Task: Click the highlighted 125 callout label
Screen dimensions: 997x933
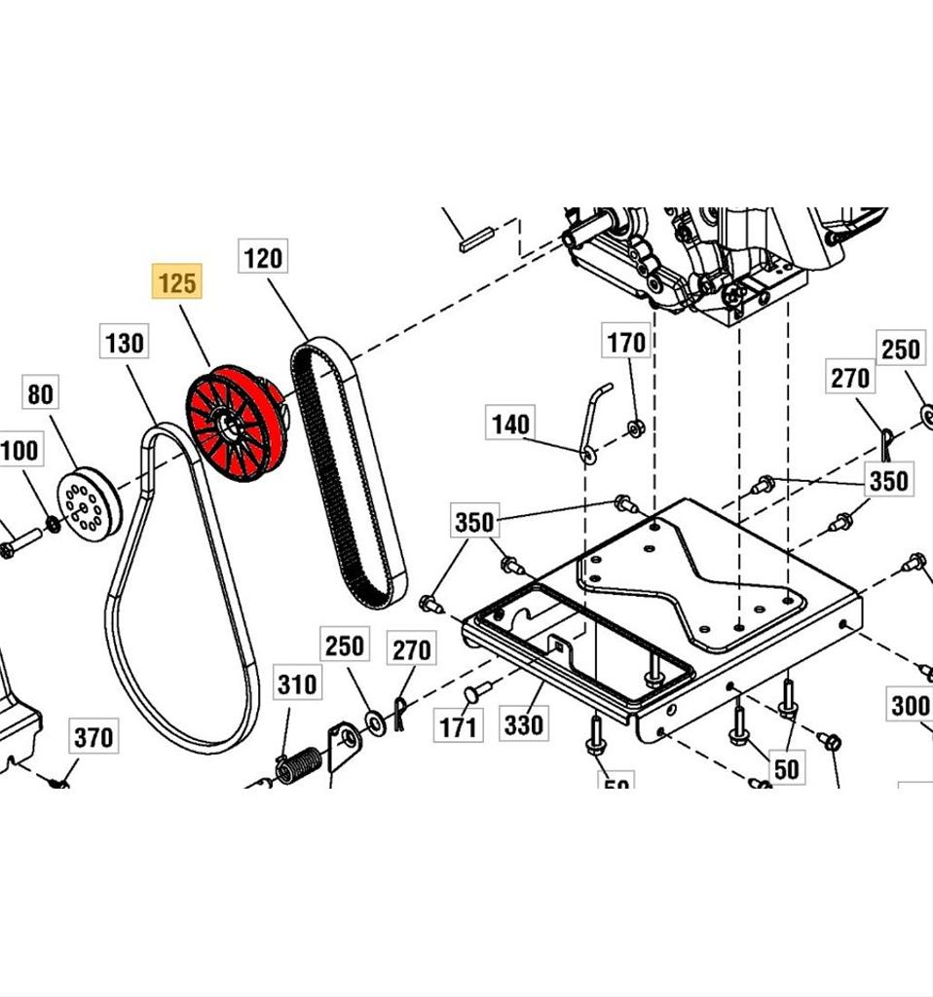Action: click(176, 283)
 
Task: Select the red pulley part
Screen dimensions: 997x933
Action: click(237, 424)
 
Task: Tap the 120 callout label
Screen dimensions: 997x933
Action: click(263, 258)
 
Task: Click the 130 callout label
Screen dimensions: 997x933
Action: click(125, 343)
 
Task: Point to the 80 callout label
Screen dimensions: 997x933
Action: click(41, 394)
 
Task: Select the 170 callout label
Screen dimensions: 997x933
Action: click(626, 343)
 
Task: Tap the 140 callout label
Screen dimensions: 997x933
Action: click(510, 424)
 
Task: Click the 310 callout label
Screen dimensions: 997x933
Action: click(297, 684)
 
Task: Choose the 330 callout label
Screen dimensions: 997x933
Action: click(524, 724)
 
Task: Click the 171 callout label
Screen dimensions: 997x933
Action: click(458, 726)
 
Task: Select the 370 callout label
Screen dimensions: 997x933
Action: click(93, 738)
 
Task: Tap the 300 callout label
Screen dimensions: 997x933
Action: click(910, 705)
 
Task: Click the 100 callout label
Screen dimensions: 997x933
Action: click(19, 451)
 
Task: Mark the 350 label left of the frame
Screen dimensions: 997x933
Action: click(474, 523)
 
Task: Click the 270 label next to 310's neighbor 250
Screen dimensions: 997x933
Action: click(411, 649)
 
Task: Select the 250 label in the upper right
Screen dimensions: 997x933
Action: click(900, 349)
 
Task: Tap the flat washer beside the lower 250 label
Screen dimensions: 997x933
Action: click(374, 721)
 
